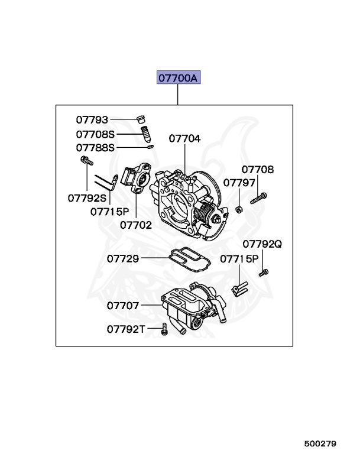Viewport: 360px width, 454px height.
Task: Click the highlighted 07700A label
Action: coord(179,77)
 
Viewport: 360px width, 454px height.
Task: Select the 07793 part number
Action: coord(92,120)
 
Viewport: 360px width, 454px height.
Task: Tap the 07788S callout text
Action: coord(95,147)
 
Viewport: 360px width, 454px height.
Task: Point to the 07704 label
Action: coord(184,139)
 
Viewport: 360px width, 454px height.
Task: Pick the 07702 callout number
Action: coord(135,225)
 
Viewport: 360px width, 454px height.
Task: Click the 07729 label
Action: coord(123,258)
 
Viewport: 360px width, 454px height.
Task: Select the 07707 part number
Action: coord(123,306)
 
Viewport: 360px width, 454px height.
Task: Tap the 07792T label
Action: coord(125,329)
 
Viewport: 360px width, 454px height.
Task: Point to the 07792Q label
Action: coord(262,244)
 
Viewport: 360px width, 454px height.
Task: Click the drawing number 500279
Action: coord(320,443)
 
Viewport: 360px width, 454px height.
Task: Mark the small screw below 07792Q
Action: coord(264,273)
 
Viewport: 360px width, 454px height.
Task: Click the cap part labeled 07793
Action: coord(141,118)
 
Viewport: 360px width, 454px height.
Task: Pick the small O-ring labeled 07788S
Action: coord(151,147)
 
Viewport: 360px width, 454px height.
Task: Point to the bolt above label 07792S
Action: coord(85,160)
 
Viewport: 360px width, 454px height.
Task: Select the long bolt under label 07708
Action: coord(260,197)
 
